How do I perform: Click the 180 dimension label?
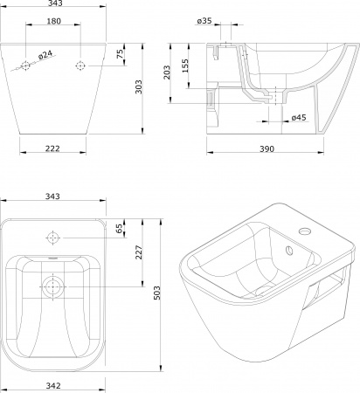click(54, 21)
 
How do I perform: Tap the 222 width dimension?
click(52, 148)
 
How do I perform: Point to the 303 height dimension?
click(139, 86)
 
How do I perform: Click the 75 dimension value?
click(120, 54)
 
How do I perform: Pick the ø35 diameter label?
click(204, 21)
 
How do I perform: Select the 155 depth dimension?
click(185, 65)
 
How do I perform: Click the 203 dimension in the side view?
click(167, 72)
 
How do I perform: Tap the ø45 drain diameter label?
click(299, 117)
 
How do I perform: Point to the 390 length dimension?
click(267, 148)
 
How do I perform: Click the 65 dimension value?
click(119, 229)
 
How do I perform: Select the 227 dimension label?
click(139, 252)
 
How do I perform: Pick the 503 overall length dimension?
click(156, 293)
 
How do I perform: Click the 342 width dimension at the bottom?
click(53, 386)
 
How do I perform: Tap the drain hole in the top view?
click(53, 287)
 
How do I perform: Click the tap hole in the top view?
click(53, 238)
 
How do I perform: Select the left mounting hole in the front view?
click(25, 65)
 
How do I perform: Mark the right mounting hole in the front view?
click(80, 65)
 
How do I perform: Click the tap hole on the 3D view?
click(305, 231)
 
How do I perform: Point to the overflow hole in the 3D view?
click(289, 251)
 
